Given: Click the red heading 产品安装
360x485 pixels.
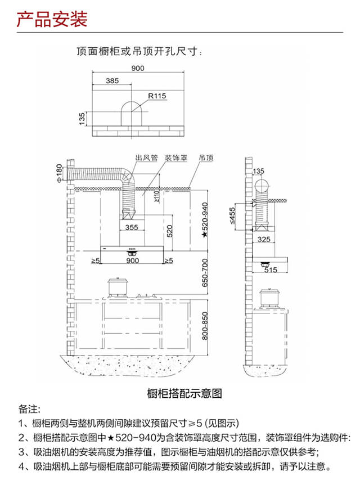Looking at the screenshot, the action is (x=52, y=19).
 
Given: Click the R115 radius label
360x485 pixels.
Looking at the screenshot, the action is (x=157, y=96).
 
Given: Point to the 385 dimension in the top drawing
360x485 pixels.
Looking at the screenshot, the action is (x=112, y=80).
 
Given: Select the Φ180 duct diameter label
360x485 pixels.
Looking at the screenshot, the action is (x=59, y=173).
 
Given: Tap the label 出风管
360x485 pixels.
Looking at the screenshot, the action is (x=146, y=158).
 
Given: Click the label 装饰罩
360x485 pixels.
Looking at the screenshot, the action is (x=176, y=158).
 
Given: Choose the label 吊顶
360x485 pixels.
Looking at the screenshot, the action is (x=206, y=158).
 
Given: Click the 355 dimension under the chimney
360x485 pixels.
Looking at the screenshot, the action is (x=132, y=227).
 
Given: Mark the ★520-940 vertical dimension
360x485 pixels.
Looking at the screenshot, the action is (x=204, y=220).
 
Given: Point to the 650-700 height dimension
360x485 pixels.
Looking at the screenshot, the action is (x=204, y=273).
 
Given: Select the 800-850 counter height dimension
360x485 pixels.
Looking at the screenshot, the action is (x=204, y=326).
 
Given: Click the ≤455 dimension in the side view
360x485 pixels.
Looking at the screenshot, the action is (x=232, y=215).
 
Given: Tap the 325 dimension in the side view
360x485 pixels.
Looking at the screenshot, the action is (x=264, y=239).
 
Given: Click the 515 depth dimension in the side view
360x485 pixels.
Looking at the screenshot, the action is (x=271, y=270).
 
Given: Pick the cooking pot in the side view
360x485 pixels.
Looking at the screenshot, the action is (x=269, y=299).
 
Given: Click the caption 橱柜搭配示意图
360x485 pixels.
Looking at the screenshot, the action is (x=184, y=393).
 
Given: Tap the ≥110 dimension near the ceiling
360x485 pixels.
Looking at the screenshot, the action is (x=157, y=196).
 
